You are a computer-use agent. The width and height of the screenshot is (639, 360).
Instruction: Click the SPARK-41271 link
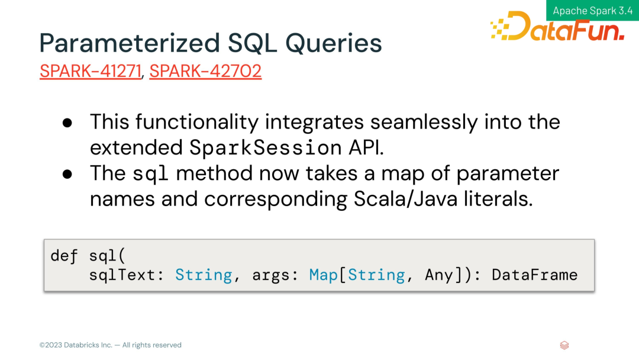[x=91, y=71]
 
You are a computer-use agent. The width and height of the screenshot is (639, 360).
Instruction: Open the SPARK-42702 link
[x=205, y=71]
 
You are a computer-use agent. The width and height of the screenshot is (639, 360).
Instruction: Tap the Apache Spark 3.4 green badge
[x=592, y=10]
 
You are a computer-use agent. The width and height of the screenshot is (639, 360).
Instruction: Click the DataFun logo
[x=557, y=26]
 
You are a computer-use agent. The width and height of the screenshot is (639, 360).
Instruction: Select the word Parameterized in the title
[x=129, y=43]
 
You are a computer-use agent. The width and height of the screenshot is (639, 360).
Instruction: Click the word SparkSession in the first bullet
[x=265, y=147]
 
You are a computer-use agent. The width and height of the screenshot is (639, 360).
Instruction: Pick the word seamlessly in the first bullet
[x=424, y=122]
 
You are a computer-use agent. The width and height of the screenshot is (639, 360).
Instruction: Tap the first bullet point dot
[x=67, y=123]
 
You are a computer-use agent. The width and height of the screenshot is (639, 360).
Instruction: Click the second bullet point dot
[x=67, y=174]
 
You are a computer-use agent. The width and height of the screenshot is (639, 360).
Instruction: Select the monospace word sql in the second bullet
[x=150, y=174]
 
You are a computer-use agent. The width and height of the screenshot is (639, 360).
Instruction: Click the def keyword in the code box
[x=64, y=256]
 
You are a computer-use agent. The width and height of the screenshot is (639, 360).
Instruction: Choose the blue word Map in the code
[x=323, y=275]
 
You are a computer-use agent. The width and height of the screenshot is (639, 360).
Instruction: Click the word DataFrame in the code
[x=535, y=275]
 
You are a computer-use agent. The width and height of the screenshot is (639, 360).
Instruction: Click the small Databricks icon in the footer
[x=564, y=345]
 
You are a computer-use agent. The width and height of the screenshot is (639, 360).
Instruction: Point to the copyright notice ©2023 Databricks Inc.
[x=76, y=345]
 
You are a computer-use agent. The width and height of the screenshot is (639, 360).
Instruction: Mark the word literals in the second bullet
[x=498, y=199]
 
